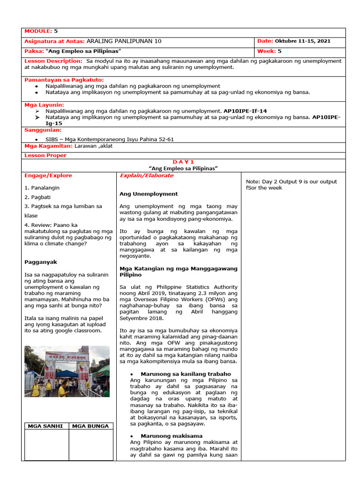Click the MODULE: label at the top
tap(38, 31)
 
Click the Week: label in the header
tap(266, 51)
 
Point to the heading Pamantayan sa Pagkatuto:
tap(64, 80)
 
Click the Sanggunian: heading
tap(43, 130)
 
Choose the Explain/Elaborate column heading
tap(146, 176)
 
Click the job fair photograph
tap(67, 371)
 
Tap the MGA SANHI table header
tap(46, 426)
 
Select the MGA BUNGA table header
tap(90, 426)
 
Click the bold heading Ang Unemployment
tap(149, 194)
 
